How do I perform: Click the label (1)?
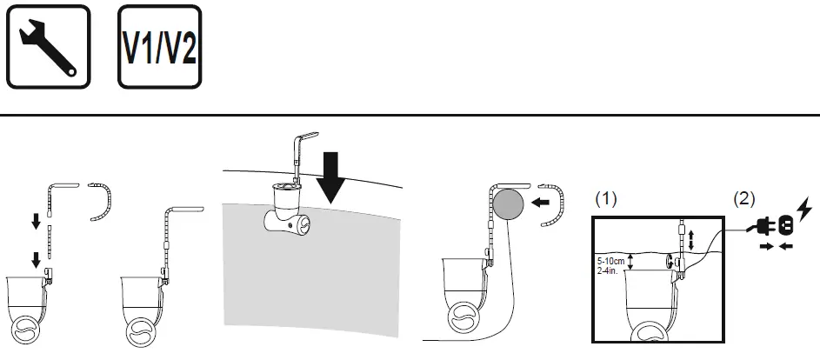coord(605,199)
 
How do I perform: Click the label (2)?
coord(743,199)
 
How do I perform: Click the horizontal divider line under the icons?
coord(410,115)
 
